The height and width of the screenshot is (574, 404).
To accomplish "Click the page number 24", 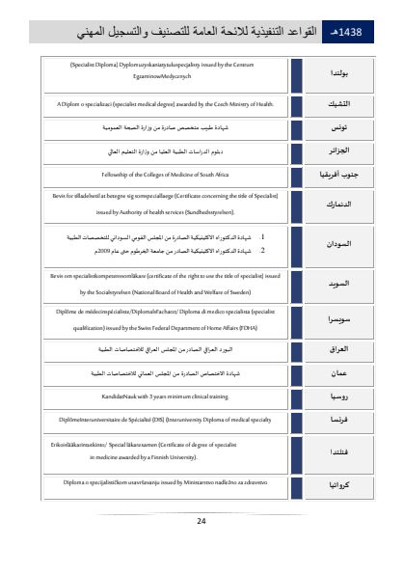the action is (x=202, y=521).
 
